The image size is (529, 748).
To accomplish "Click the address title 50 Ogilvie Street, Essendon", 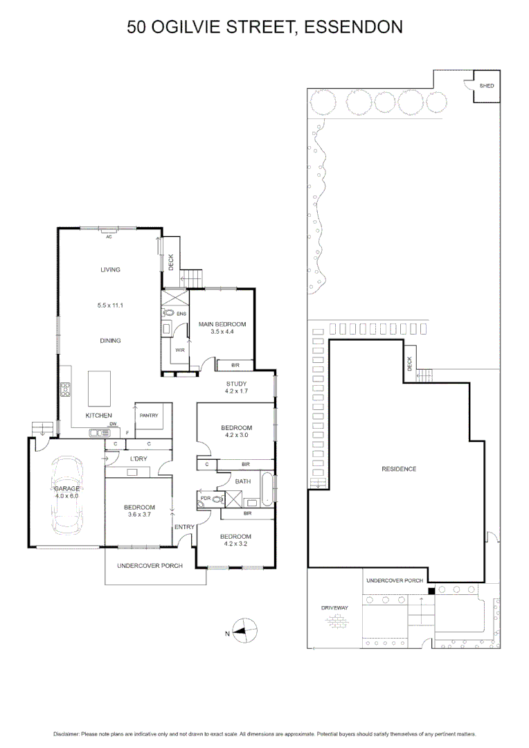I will (x=264, y=27).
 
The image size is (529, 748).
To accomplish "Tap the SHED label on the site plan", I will (x=487, y=85).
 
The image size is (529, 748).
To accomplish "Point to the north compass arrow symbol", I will (x=242, y=631).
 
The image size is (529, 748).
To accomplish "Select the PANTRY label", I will (x=149, y=416).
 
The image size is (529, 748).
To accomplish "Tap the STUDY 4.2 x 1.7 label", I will (x=236, y=387).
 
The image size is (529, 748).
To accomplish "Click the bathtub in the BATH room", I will (x=267, y=488).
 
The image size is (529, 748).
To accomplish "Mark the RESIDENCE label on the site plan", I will (x=399, y=469).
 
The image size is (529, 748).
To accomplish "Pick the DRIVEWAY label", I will (x=334, y=607).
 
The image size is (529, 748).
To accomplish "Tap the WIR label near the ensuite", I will (x=179, y=350).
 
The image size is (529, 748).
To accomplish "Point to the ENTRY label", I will (x=184, y=527).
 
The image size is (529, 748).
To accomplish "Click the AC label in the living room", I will (x=108, y=237).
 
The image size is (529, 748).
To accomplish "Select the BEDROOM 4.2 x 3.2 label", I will (x=235, y=540).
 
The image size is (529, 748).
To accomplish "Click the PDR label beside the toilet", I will (x=205, y=497).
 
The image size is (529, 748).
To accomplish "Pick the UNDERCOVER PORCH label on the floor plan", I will (x=150, y=566).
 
